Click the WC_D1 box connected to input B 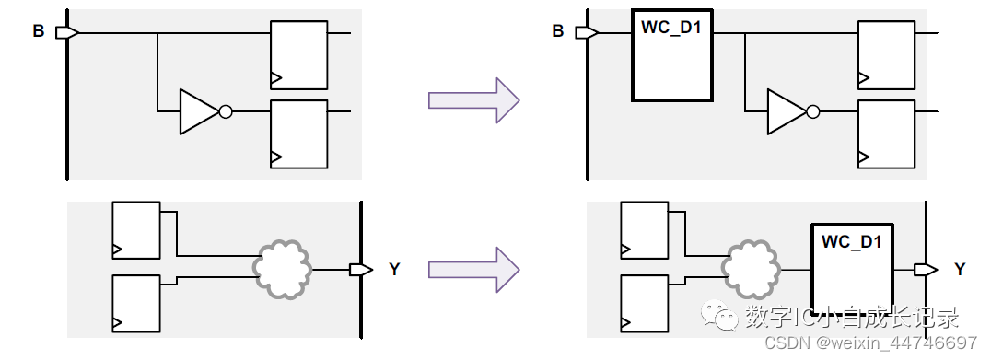click(x=672, y=55)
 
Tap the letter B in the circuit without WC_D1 click(x=39, y=31)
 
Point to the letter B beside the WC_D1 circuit click(x=557, y=31)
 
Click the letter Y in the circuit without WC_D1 click(x=394, y=270)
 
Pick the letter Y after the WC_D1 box click(x=960, y=270)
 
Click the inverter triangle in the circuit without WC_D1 click(x=197, y=111)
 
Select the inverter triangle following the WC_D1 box click(x=785, y=111)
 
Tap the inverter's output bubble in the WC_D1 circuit click(x=812, y=111)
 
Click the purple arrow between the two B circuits click(x=473, y=99)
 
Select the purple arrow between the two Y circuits click(x=473, y=269)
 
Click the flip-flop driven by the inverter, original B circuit click(x=298, y=134)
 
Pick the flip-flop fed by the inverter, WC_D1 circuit click(x=886, y=134)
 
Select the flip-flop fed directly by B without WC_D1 click(x=298, y=54)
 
